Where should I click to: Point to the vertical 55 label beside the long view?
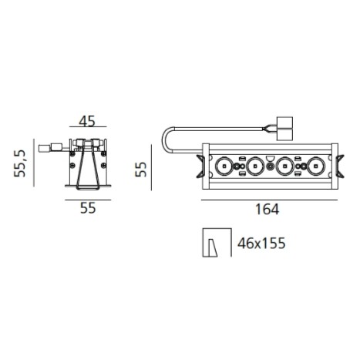(x=140, y=169)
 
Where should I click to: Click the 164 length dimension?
(x=267, y=209)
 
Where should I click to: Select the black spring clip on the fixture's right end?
(x=338, y=166)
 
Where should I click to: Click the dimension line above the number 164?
(x=267, y=197)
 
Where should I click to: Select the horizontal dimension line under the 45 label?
(x=86, y=131)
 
